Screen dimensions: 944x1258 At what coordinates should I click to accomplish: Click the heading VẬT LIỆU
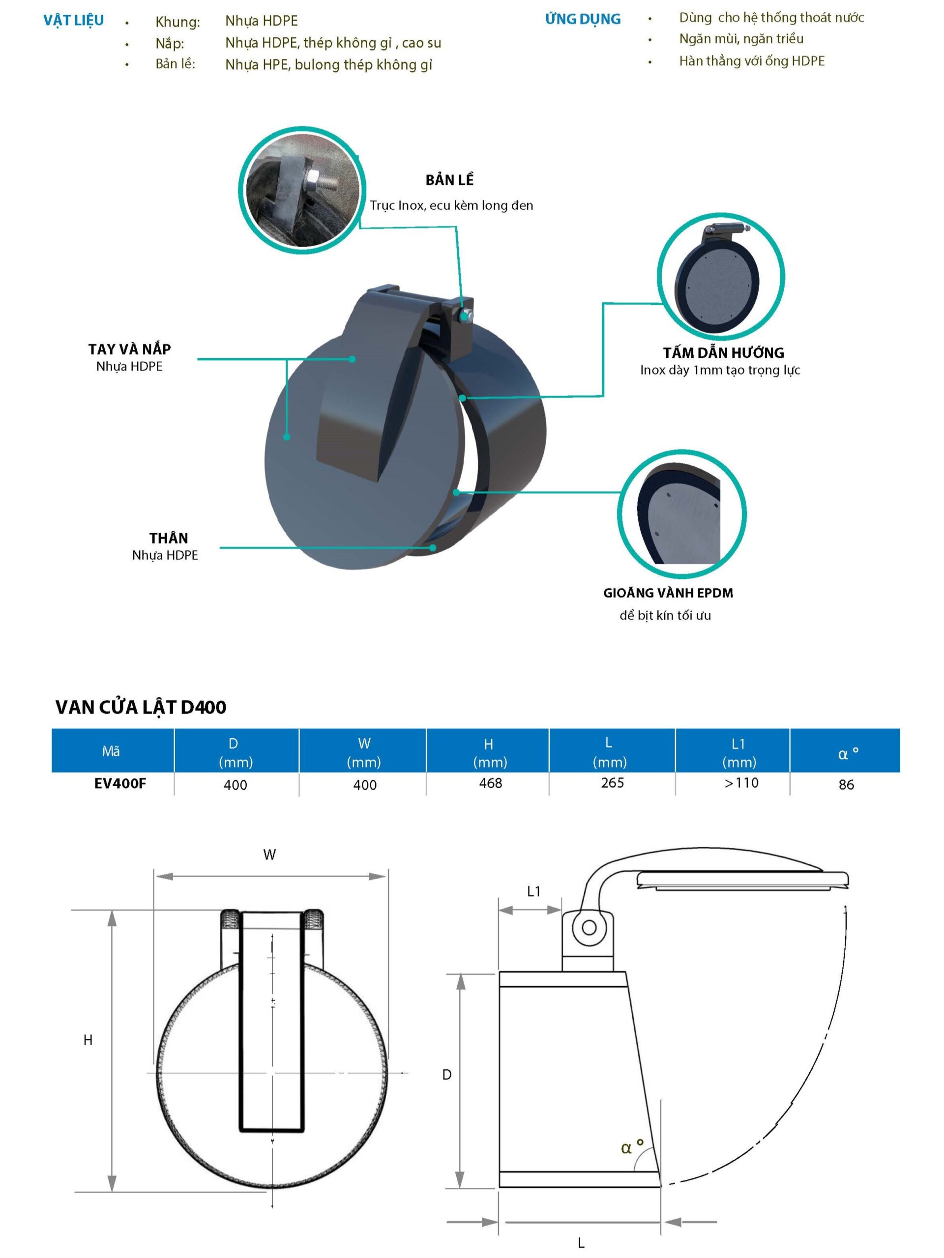pos(73,21)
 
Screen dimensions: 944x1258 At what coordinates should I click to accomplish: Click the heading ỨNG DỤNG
pos(582,19)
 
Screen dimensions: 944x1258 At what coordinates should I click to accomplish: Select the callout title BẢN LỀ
pos(449,180)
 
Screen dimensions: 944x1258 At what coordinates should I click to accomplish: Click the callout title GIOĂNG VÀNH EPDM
pos(668,593)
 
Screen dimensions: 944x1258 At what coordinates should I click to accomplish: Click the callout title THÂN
pos(169,538)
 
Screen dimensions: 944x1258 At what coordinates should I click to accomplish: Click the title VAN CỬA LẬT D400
pos(141,707)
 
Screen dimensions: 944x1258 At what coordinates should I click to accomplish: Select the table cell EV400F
pos(120,783)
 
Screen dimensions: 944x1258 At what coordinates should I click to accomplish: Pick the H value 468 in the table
pos(491,783)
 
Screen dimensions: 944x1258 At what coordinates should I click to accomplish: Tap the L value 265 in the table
pos(612,783)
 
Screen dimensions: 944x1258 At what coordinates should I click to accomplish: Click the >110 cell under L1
pos(741,783)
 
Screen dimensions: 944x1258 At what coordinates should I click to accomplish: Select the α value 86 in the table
pos(846,785)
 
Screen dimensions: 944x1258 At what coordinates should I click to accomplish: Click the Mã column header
pos(111,751)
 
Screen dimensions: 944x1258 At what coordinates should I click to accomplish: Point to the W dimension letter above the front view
pos(270,854)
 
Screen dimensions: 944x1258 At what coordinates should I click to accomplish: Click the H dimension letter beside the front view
pos(88,1040)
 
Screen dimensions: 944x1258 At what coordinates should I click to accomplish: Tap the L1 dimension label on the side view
pos(534,891)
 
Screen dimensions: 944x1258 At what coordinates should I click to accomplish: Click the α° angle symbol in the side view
pos(632,1147)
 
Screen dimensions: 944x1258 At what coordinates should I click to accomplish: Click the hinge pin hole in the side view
pos(590,928)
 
